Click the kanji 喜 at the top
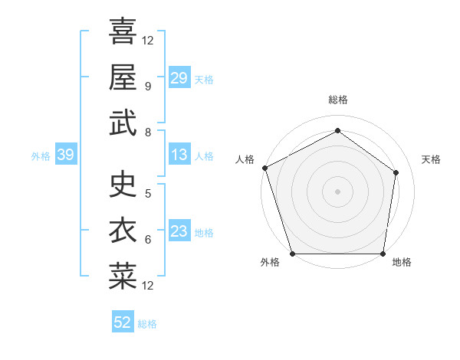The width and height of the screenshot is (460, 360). click(123, 31)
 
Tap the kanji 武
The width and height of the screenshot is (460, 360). click(123, 123)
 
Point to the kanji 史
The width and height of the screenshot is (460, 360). click(123, 184)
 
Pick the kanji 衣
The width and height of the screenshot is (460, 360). click(123, 231)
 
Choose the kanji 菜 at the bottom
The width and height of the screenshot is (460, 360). click(123, 277)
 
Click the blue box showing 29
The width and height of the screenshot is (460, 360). click(179, 78)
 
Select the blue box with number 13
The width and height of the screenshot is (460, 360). click(179, 155)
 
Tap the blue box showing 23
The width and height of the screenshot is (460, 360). click(179, 232)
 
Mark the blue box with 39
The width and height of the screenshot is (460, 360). click(66, 155)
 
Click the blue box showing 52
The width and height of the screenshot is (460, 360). click(123, 322)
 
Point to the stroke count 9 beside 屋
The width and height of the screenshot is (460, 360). click(147, 86)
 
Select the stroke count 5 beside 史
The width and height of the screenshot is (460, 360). click(147, 193)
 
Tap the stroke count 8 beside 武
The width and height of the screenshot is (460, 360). click(147, 133)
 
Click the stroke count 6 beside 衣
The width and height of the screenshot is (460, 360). click(147, 240)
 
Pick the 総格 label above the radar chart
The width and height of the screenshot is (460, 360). click(338, 100)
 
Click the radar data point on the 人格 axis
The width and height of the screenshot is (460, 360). click(264, 168)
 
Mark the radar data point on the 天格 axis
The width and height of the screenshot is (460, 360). click(396, 172)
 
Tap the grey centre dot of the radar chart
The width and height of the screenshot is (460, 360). click(337, 191)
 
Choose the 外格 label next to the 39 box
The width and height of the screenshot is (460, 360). click(41, 156)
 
